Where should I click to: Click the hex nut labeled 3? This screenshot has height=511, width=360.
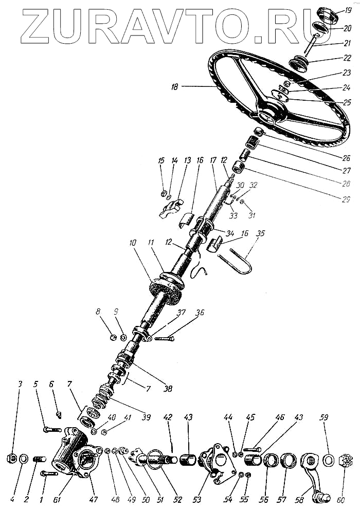click(10, 458)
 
